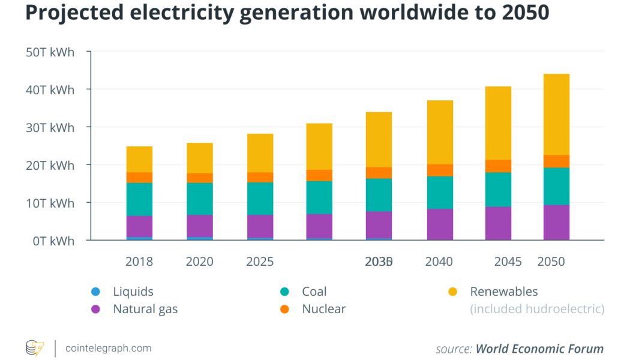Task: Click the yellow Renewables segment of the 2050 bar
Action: pyautogui.click(x=556, y=114)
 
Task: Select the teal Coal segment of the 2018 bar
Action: pyautogui.click(x=139, y=199)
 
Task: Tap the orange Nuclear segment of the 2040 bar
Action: pyautogui.click(x=440, y=170)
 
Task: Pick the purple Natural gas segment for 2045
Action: pyautogui.click(x=498, y=223)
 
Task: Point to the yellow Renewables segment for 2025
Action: pyautogui.click(x=260, y=153)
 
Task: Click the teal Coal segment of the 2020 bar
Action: pyautogui.click(x=200, y=199)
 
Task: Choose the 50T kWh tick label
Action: pyautogui.click(x=50, y=52)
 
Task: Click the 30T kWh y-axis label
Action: pyautogui.click(x=50, y=127)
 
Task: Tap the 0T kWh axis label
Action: pyautogui.click(x=53, y=241)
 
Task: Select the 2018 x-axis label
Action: pyautogui.click(x=139, y=262)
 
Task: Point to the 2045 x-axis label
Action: pyautogui.click(x=508, y=262)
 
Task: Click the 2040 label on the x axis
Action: pyautogui.click(x=439, y=262)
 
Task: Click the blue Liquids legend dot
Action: pyautogui.click(x=95, y=292)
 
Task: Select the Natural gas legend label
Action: pyautogui.click(x=145, y=310)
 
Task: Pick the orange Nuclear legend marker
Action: pyautogui.click(x=284, y=310)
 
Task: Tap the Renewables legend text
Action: pyautogui.click(x=504, y=292)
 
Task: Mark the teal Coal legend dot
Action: pyautogui.click(x=284, y=292)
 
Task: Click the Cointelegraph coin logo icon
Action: pyautogui.click(x=34, y=348)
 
